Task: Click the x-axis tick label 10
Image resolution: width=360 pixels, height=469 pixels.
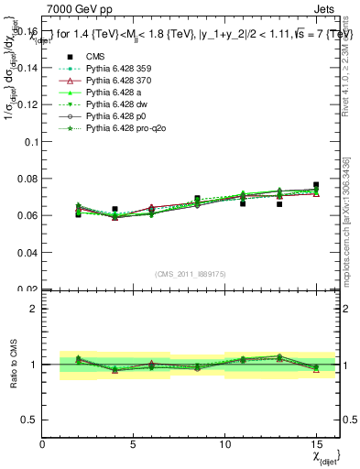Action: point(225,444)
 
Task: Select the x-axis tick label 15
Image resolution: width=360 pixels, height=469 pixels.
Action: point(316,444)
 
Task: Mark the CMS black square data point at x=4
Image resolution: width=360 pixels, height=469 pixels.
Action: point(115,210)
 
